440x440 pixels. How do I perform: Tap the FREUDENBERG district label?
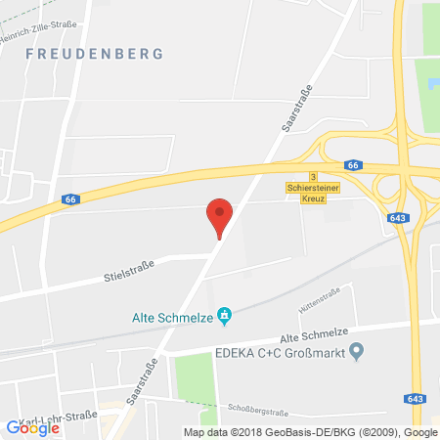coord(95,55)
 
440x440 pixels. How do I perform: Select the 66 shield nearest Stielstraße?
coord(66,199)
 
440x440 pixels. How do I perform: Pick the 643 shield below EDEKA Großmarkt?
coord(415,397)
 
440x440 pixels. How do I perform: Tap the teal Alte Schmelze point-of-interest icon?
coord(224,315)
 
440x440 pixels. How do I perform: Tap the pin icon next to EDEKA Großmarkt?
coord(358,350)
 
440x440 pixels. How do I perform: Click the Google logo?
coord(32,426)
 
